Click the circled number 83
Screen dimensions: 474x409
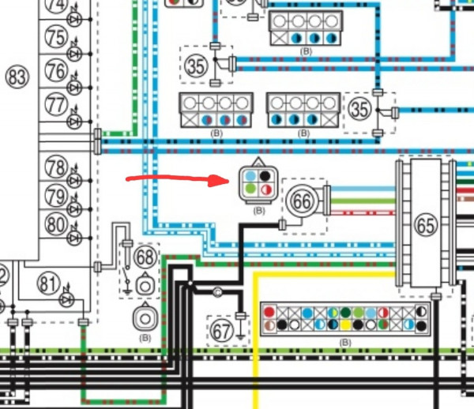(17, 77)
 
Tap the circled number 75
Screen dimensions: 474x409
(56, 37)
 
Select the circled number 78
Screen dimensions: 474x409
(56, 167)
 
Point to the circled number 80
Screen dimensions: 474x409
(56, 224)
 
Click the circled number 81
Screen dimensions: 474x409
(48, 283)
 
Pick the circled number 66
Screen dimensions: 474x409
(302, 201)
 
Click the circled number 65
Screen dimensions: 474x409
(426, 225)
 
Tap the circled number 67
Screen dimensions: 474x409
(222, 331)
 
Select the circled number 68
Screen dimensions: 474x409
(145, 257)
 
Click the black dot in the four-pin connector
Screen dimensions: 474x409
(265, 176)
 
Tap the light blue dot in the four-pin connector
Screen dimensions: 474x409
(250, 176)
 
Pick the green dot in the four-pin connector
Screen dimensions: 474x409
(250, 189)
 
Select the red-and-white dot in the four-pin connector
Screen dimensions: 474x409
(265, 189)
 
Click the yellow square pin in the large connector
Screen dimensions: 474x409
(345, 325)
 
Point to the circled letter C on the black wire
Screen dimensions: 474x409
(217, 292)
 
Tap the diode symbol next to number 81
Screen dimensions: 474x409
(66, 299)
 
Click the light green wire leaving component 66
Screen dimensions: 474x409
(363, 201)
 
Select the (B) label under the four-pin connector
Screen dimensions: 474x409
(259, 211)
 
